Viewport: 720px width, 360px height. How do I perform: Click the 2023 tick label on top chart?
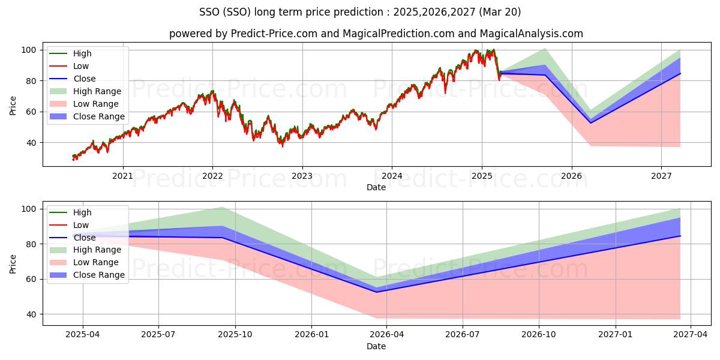click(x=302, y=176)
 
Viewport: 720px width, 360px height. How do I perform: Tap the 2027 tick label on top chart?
click(x=661, y=176)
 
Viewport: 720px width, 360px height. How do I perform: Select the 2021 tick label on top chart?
click(x=123, y=176)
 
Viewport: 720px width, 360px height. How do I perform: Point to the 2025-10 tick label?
click(x=235, y=335)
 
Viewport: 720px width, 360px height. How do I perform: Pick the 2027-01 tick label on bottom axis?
click(x=615, y=335)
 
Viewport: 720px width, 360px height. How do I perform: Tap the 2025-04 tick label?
click(x=82, y=335)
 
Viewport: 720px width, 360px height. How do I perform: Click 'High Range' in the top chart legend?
click(x=97, y=91)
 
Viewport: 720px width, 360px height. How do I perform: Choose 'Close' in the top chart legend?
click(x=84, y=79)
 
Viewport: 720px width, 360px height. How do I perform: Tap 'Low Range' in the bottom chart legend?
click(x=96, y=262)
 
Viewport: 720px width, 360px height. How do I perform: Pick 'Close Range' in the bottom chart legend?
click(x=98, y=275)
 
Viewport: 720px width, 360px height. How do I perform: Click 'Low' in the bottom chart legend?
click(x=80, y=225)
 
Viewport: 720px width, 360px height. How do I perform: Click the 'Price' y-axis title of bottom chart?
click(x=13, y=263)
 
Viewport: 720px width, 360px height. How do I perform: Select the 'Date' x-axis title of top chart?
click(x=376, y=187)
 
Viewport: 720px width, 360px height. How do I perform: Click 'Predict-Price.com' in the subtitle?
click(x=274, y=34)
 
